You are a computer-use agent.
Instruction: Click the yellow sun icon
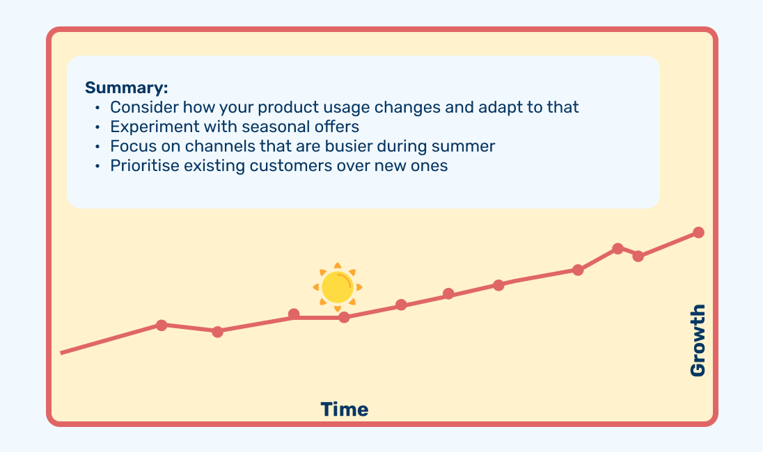[338, 287]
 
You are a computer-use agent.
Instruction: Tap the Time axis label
[345, 410]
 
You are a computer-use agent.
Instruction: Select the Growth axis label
[698, 340]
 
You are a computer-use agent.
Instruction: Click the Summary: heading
[127, 88]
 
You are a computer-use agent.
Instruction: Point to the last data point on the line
[698, 232]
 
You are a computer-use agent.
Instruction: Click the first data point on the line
[162, 325]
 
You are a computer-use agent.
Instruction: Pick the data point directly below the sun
[344, 317]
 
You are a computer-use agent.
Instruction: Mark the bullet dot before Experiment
[97, 127]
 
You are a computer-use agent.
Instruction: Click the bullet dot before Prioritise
[97, 166]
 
